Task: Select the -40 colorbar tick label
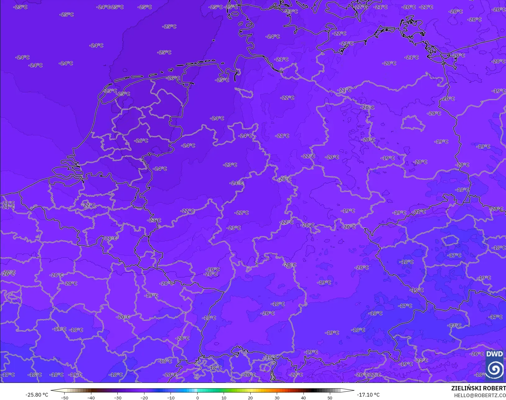pyautogui.click(x=91, y=398)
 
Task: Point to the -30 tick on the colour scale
pyautogui.click(x=117, y=398)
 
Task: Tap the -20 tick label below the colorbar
pyautogui.click(x=144, y=398)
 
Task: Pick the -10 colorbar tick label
pyautogui.click(x=171, y=398)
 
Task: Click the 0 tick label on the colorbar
pyautogui.click(x=197, y=398)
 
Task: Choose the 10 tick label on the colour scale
pyautogui.click(x=224, y=398)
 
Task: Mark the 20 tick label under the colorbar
pyautogui.click(x=250, y=398)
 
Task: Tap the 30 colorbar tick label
pyautogui.click(x=277, y=398)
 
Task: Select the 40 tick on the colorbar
pyautogui.click(x=303, y=398)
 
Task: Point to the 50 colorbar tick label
pyautogui.click(x=330, y=398)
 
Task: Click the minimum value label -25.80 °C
pyautogui.click(x=37, y=395)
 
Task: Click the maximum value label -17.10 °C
pyautogui.click(x=368, y=395)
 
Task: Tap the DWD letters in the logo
pyautogui.click(x=495, y=354)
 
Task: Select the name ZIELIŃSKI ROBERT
pyautogui.click(x=478, y=389)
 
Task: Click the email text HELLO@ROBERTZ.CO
pyautogui.click(x=480, y=395)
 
